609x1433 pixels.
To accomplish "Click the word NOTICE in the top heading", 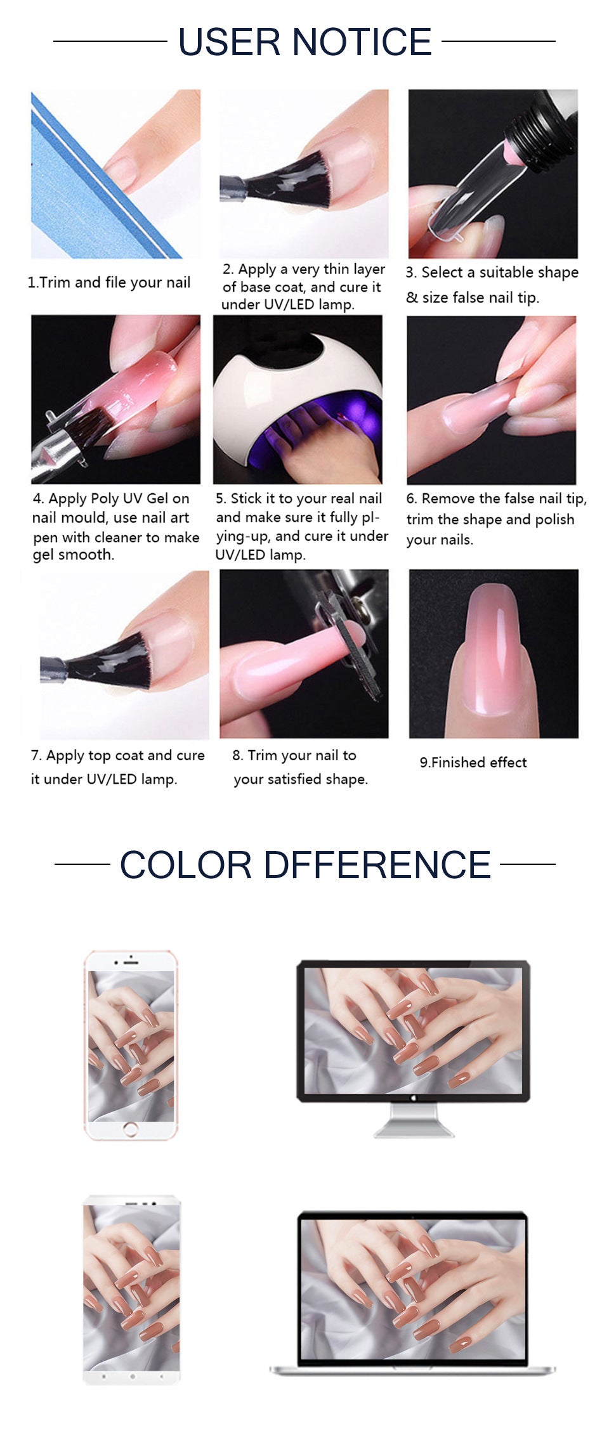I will (362, 42).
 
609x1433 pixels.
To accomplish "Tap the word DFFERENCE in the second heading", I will (377, 865).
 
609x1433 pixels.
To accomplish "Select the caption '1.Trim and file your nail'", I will (108, 283).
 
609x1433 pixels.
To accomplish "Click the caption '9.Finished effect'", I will (473, 763).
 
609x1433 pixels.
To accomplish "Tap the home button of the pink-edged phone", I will (131, 1129).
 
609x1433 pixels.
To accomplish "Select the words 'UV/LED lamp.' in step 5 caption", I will (260, 555).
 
